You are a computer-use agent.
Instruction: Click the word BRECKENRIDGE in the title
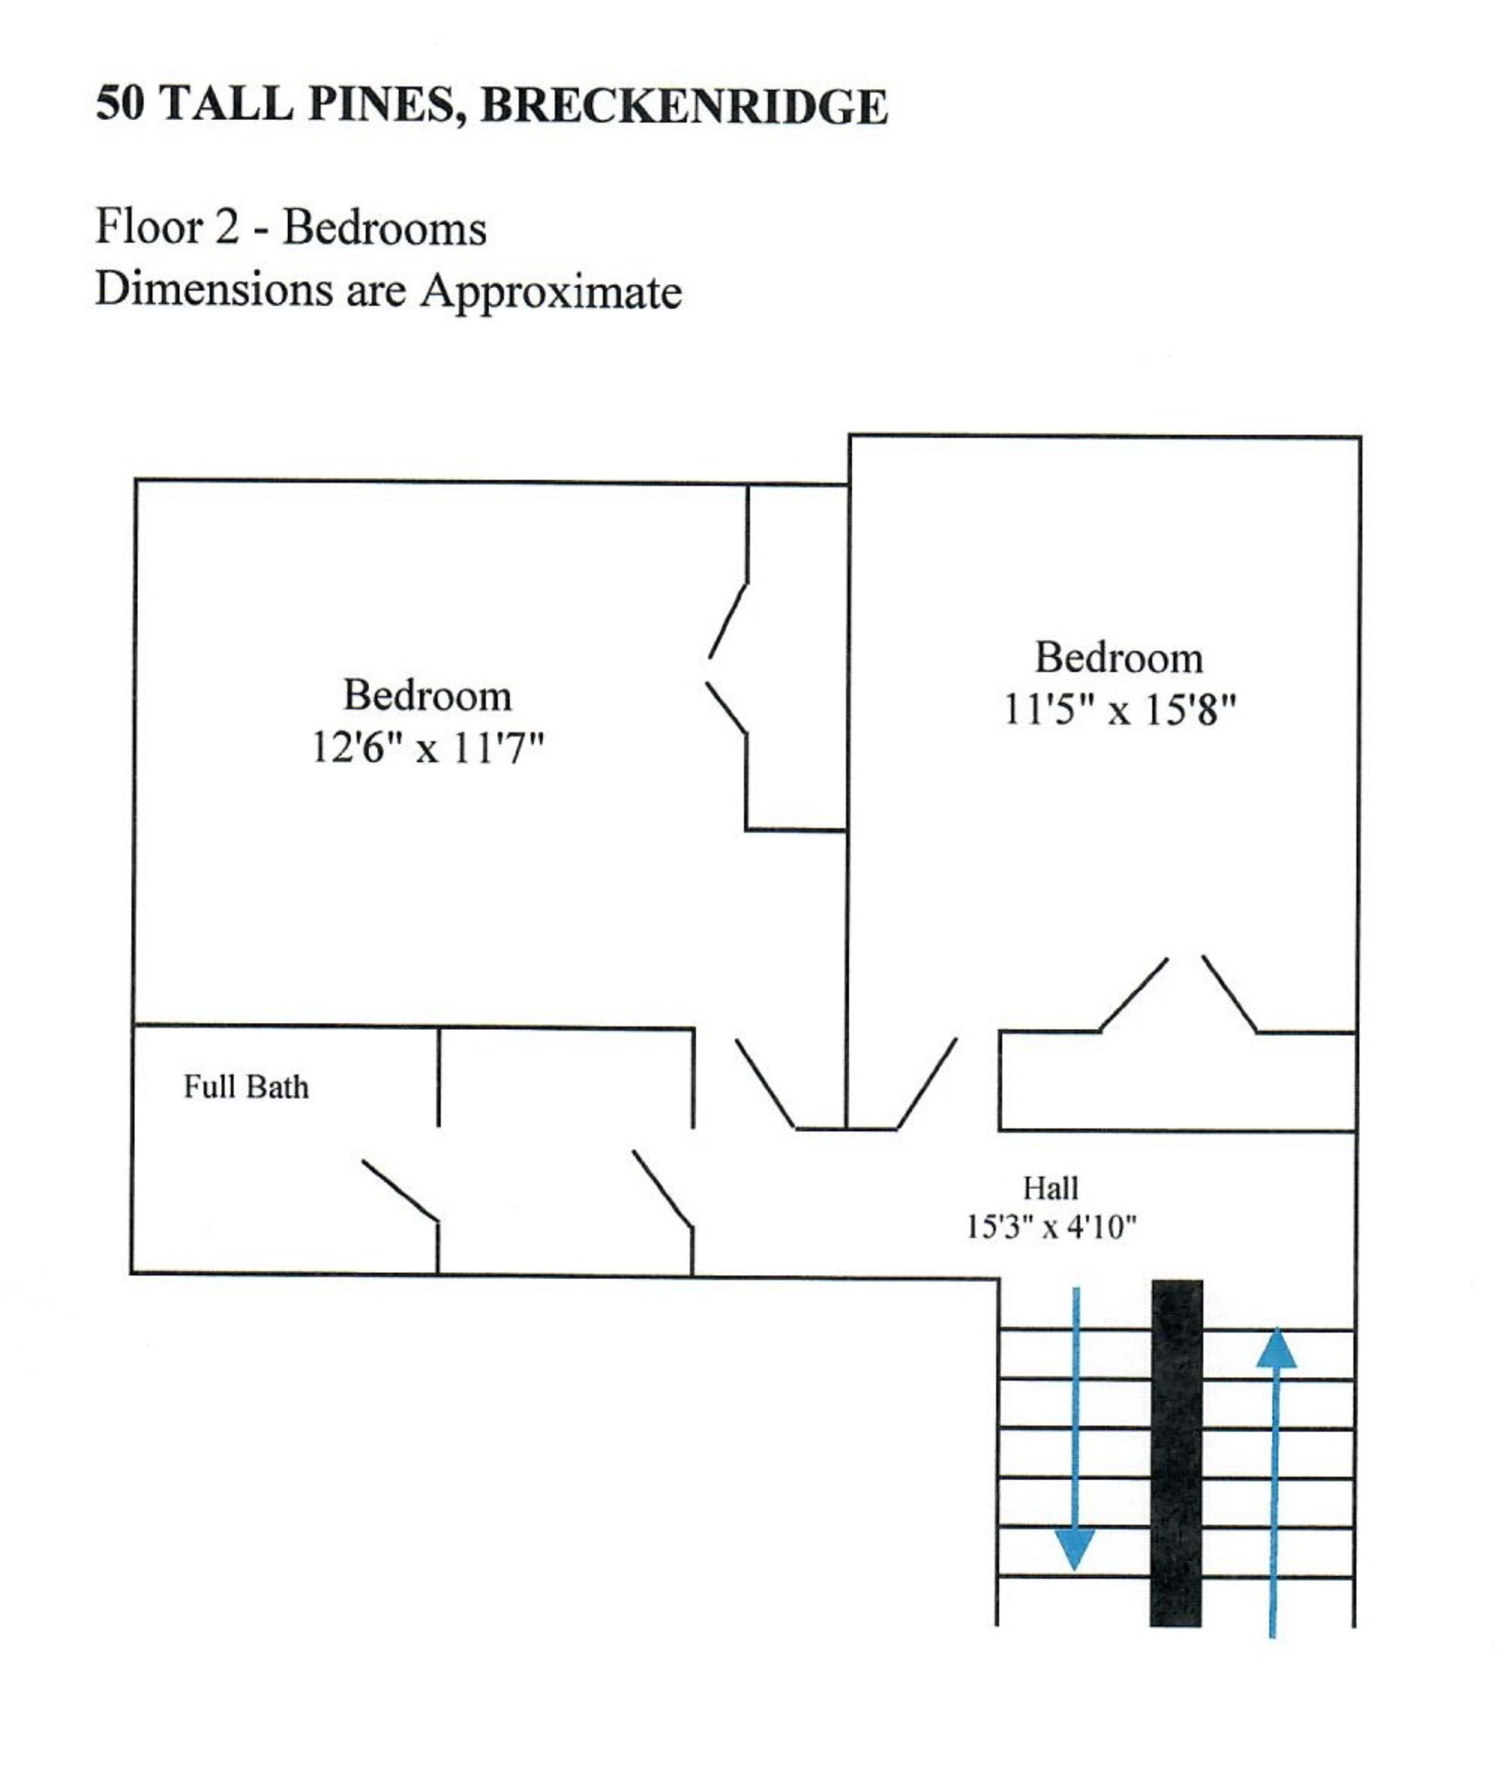[684, 106]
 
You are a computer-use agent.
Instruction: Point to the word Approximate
[551, 292]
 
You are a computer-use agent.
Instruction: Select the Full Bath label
[247, 1088]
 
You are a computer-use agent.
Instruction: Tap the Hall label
[1051, 1188]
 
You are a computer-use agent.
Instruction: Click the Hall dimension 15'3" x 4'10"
[1051, 1227]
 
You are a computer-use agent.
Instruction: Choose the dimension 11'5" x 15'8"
[1118, 710]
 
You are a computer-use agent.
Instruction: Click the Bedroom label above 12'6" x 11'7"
[427, 696]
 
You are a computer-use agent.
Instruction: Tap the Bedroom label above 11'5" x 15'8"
[1118, 658]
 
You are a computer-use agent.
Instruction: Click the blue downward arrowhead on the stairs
[1074, 1550]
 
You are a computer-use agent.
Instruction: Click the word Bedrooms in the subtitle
[384, 228]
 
